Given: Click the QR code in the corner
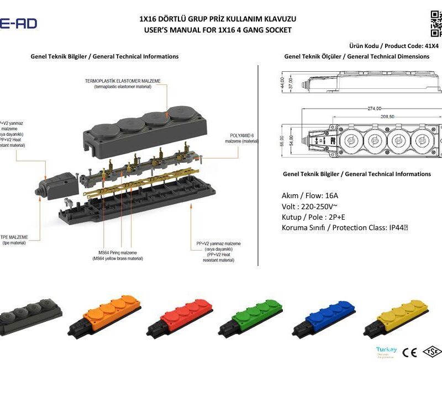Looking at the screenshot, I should click(x=436, y=22).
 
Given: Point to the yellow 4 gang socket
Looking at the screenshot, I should click(x=398, y=317).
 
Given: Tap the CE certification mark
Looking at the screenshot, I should click(x=409, y=352).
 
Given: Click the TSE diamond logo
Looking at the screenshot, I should click(x=432, y=352).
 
